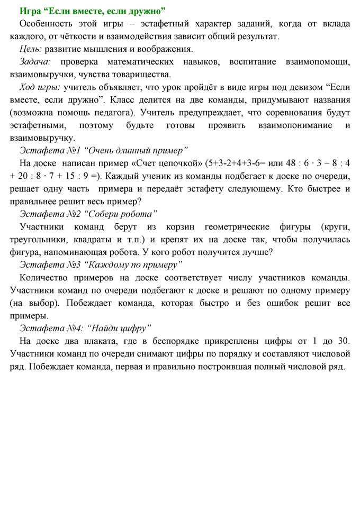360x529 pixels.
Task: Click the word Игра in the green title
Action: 30,11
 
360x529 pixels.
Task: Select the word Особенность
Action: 45,24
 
